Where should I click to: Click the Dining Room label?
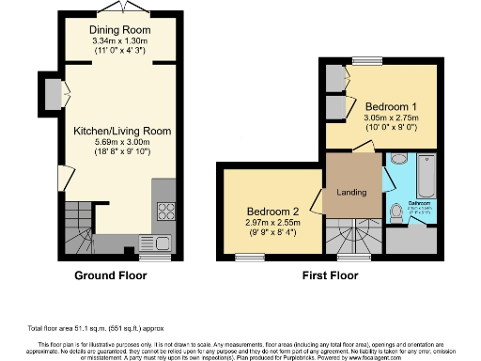point(122,30)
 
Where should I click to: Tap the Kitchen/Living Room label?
point(122,132)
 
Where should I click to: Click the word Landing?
point(350,193)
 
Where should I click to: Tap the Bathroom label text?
point(419,204)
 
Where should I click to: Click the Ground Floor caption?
point(111,276)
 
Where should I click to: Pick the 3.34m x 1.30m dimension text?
point(122,42)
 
